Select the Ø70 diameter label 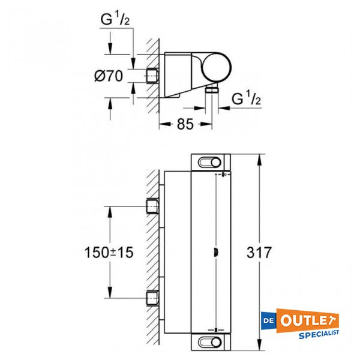(x=109, y=76)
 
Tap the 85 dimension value (x=185, y=125)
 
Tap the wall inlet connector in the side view (x=153, y=76)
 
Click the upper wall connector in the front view (x=154, y=207)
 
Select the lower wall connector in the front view (x=154, y=297)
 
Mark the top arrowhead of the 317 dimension (x=259, y=158)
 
